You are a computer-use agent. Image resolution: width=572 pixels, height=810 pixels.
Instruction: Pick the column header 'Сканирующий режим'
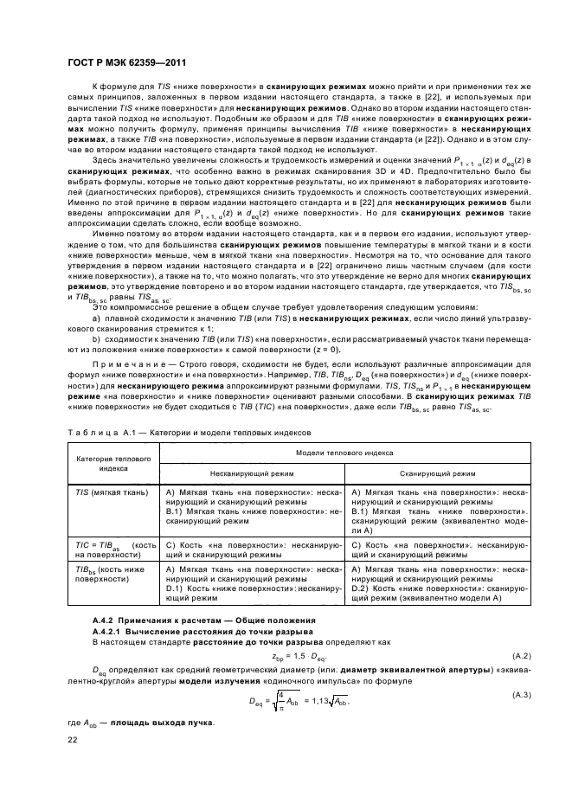tap(437, 474)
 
